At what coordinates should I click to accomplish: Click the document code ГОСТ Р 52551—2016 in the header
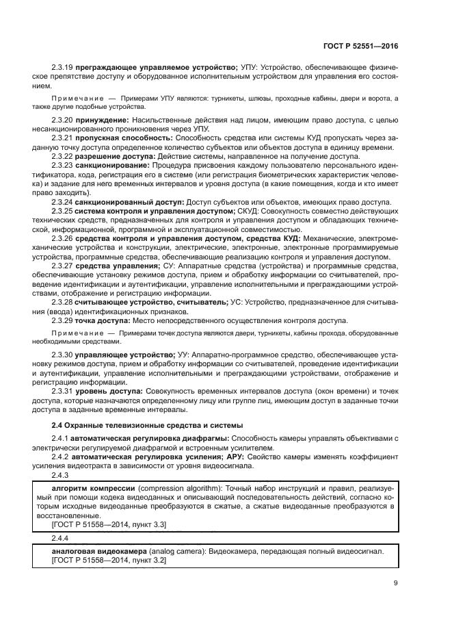(x=361, y=47)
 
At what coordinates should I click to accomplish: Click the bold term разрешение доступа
(x=114, y=156)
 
